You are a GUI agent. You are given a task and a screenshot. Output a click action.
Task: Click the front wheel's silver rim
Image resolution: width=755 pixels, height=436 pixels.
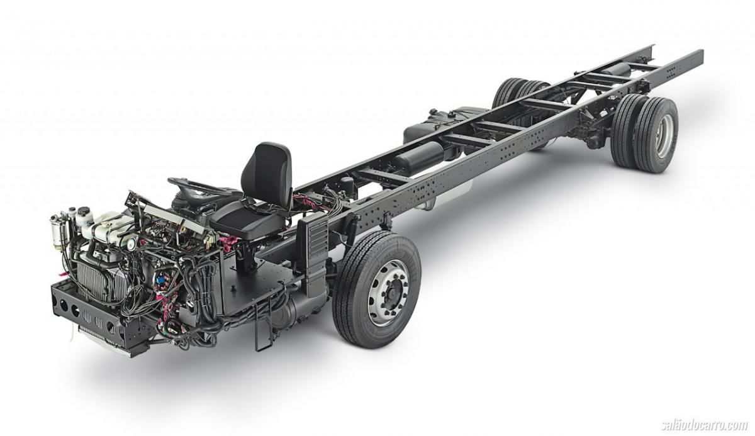[x=389, y=293]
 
